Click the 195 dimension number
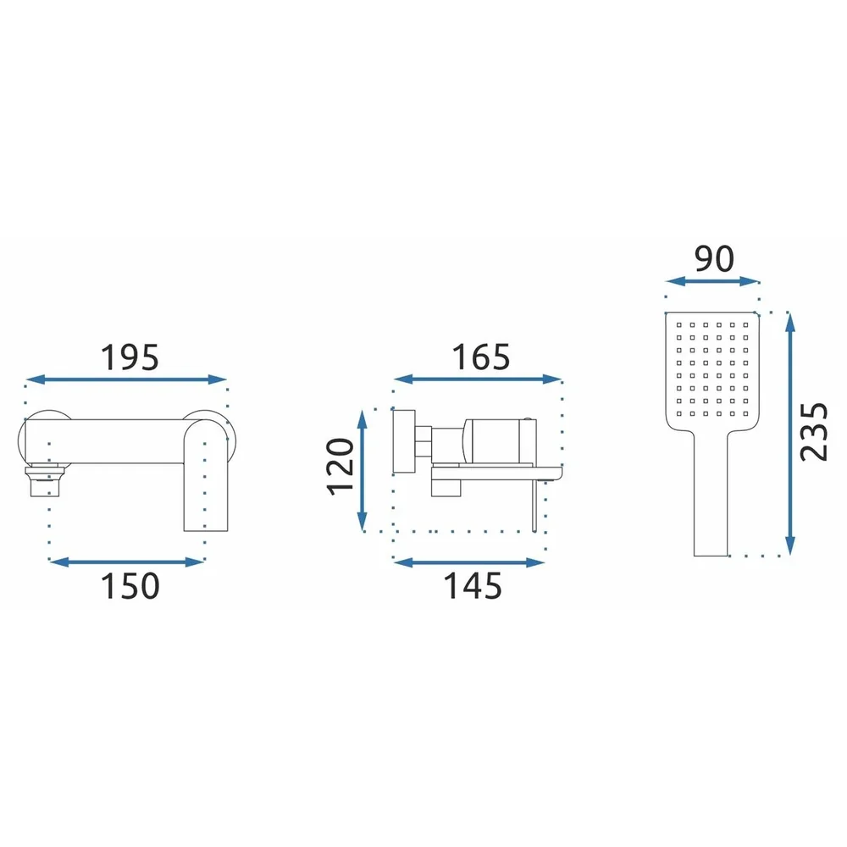[x=130, y=357]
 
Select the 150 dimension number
[x=130, y=586]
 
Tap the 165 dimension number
[x=481, y=357]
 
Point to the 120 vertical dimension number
[x=340, y=467]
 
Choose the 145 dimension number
[x=473, y=586]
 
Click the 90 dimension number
[x=714, y=258]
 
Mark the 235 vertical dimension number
[x=813, y=432]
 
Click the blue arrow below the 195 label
[x=126, y=379]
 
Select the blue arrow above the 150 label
[x=126, y=562]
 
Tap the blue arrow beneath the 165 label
[x=478, y=379]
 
